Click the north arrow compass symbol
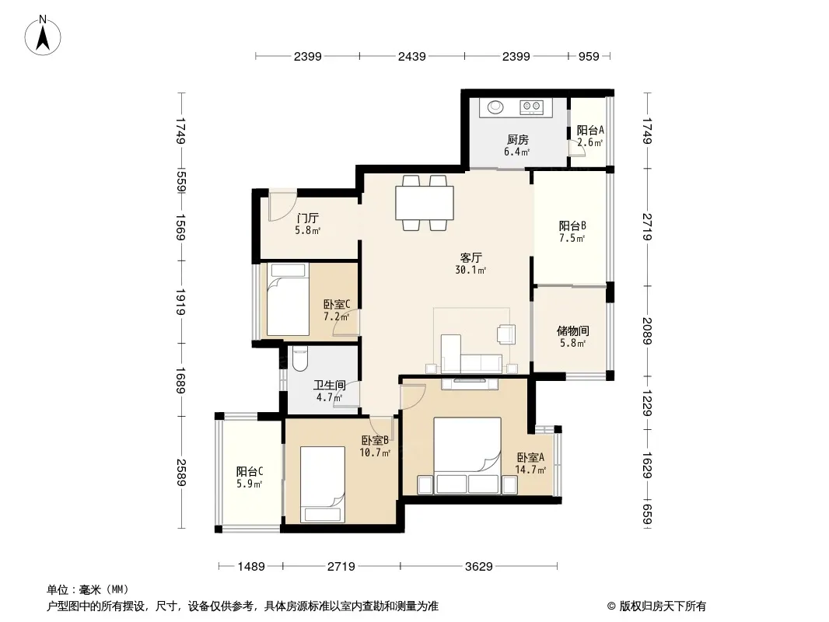(x=43, y=36)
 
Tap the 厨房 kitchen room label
(x=518, y=139)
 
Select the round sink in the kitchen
(x=495, y=107)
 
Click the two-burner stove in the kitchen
(x=531, y=107)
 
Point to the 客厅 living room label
(x=470, y=258)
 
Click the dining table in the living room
(x=425, y=203)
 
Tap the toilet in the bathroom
(x=299, y=358)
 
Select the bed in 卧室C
(x=288, y=299)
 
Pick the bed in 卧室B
(x=323, y=484)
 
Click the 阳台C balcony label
(x=250, y=471)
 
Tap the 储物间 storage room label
(x=572, y=330)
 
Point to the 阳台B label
(x=572, y=225)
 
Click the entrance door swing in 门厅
(x=282, y=206)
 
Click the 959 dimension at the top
(x=589, y=57)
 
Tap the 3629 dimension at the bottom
(x=478, y=567)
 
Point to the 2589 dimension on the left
(x=181, y=473)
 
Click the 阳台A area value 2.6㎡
(x=590, y=143)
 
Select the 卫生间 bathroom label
(x=330, y=385)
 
